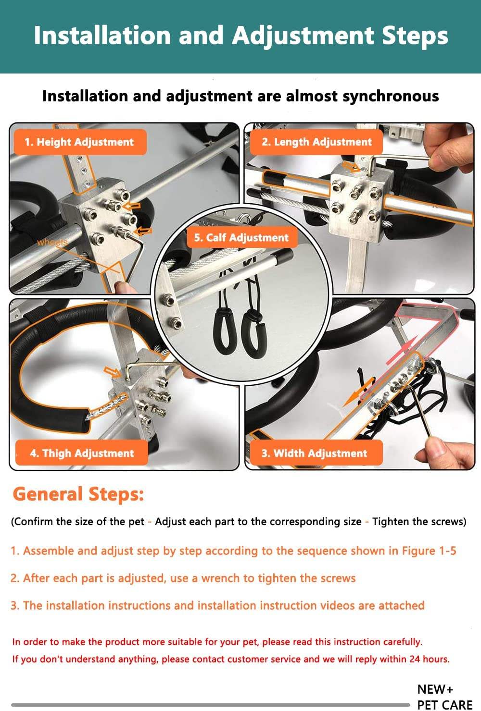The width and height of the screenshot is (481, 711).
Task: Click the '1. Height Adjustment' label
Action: click(x=79, y=142)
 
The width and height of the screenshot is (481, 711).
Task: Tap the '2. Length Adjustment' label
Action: click(x=316, y=142)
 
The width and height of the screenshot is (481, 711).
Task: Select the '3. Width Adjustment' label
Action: click(x=314, y=454)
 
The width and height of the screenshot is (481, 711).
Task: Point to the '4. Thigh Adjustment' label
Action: click(x=82, y=454)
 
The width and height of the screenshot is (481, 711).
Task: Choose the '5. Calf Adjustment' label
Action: click(x=241, y=238)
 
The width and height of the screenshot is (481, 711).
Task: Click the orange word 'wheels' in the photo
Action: click(x=52, y=242)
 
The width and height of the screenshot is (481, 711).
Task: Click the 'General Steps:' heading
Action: click(x=78, y=494)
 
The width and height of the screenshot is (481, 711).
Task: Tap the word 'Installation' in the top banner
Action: click(x=102, y=36)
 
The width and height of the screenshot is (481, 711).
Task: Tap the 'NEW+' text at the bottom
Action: click(x=435, y=689)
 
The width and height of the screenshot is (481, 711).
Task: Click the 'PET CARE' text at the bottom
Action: click(x=444, y=705)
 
